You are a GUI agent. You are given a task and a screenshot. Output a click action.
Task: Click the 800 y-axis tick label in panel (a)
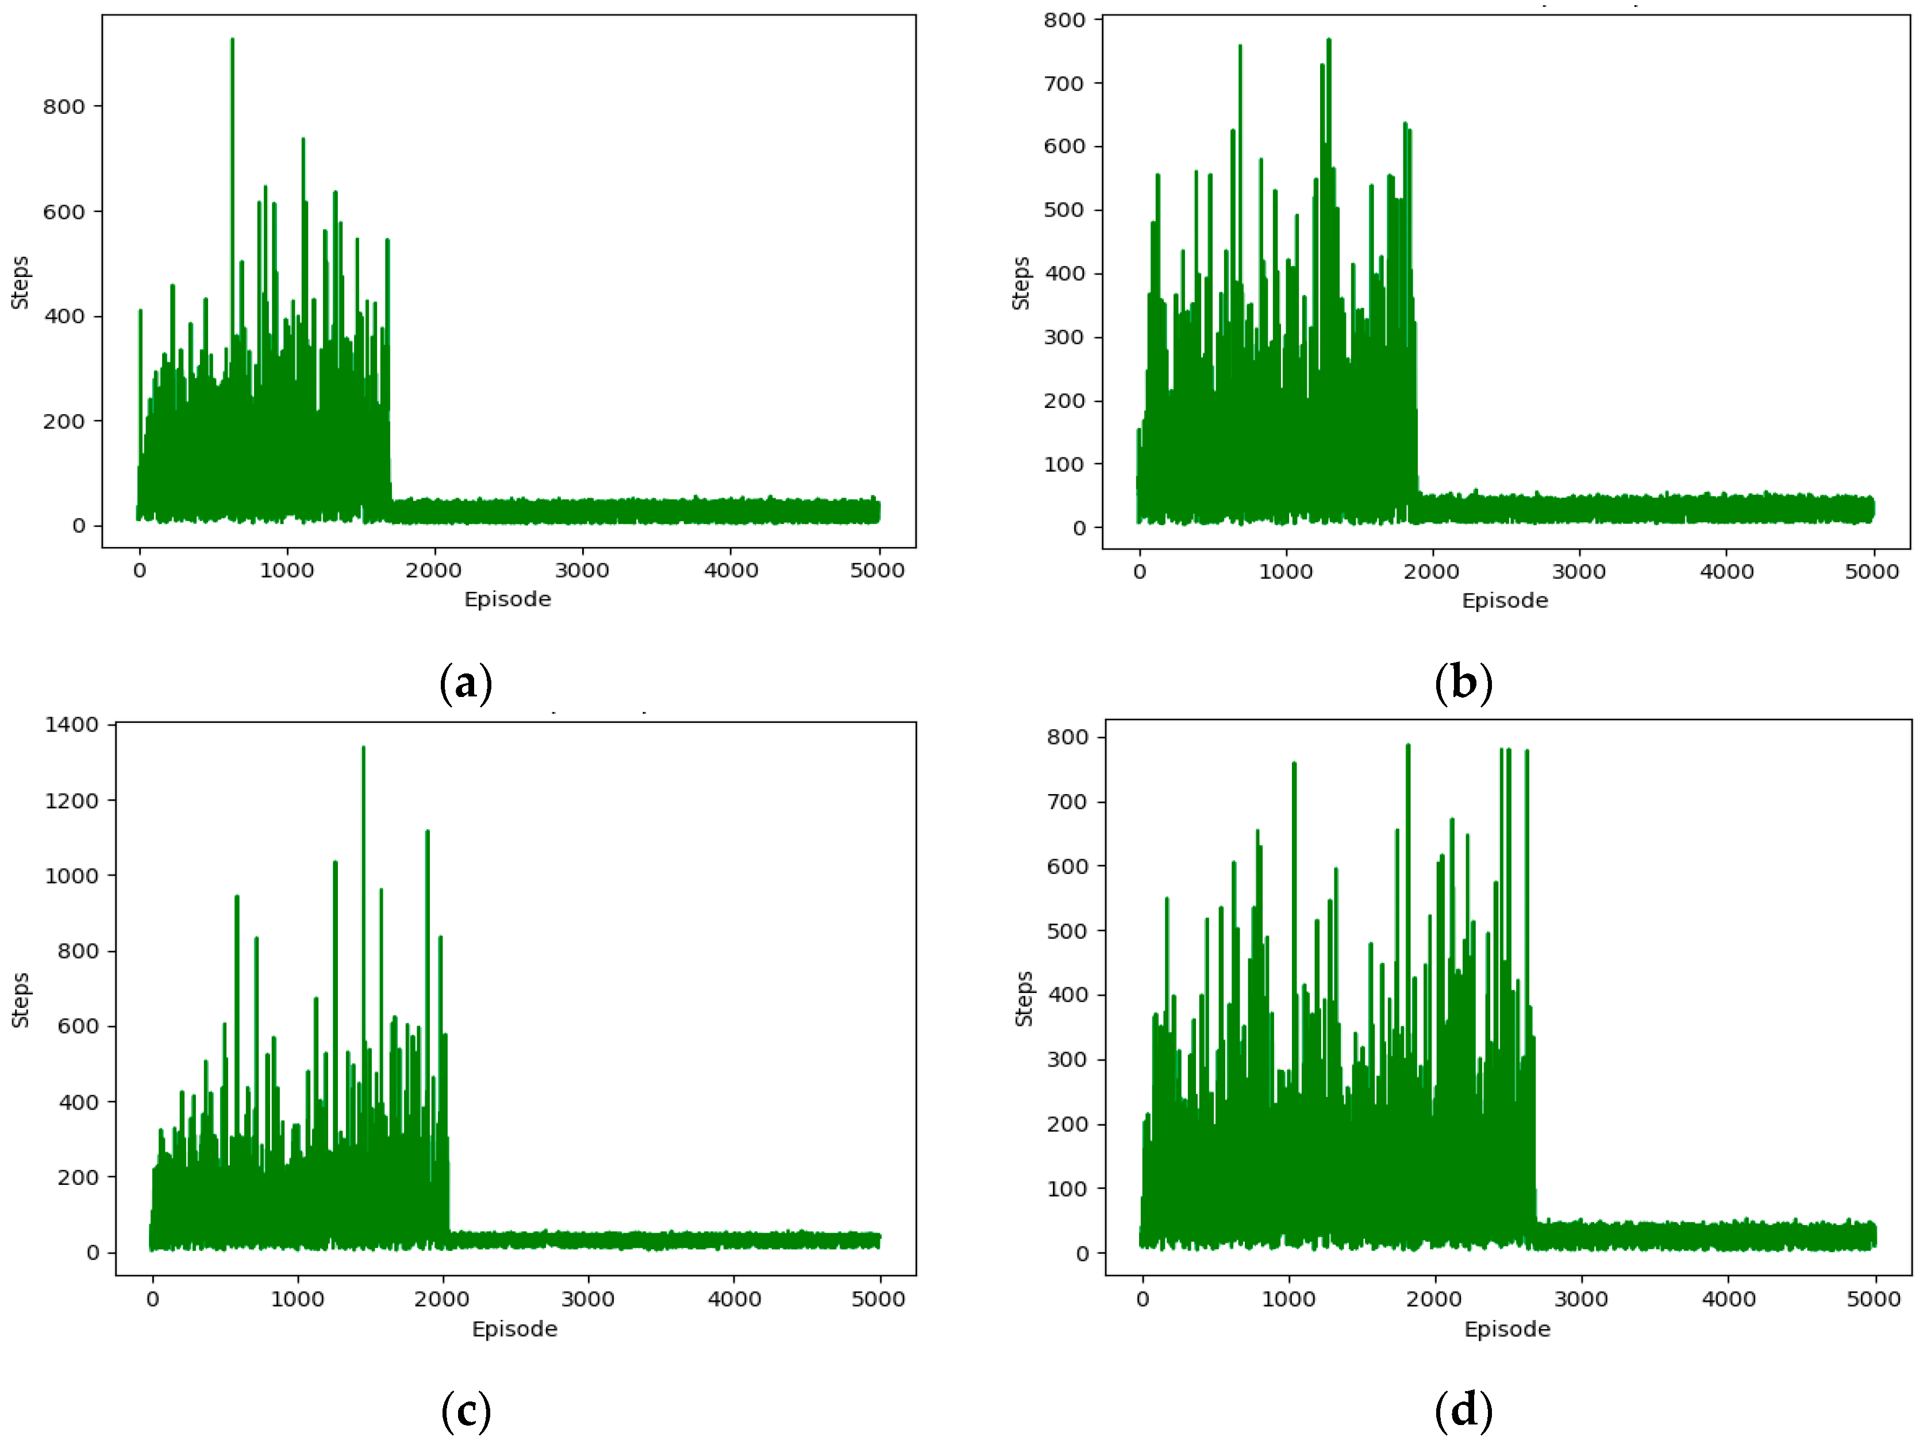coord(64,107)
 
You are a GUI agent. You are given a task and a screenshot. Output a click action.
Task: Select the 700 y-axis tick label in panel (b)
coord(1064,84)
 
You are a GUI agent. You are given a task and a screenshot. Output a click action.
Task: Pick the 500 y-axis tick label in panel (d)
coord(1067,931)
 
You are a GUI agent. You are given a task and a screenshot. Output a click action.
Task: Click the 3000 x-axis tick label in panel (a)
coord(582,571)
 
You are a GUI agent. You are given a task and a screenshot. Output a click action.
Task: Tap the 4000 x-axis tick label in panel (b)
coord(1726,572)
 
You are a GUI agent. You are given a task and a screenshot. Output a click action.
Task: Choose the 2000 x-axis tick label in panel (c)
coord(442,1299)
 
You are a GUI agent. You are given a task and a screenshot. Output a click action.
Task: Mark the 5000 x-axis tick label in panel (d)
coord(1873,1299)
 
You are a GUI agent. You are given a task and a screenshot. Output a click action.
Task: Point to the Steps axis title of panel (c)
coord(20,1000)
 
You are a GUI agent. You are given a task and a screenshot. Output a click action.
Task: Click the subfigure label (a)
coord(466,683)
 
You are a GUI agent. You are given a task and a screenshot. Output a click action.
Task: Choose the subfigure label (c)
coord(466,1411)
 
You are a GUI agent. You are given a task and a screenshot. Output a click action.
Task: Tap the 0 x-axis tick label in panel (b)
coord(1140,572)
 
